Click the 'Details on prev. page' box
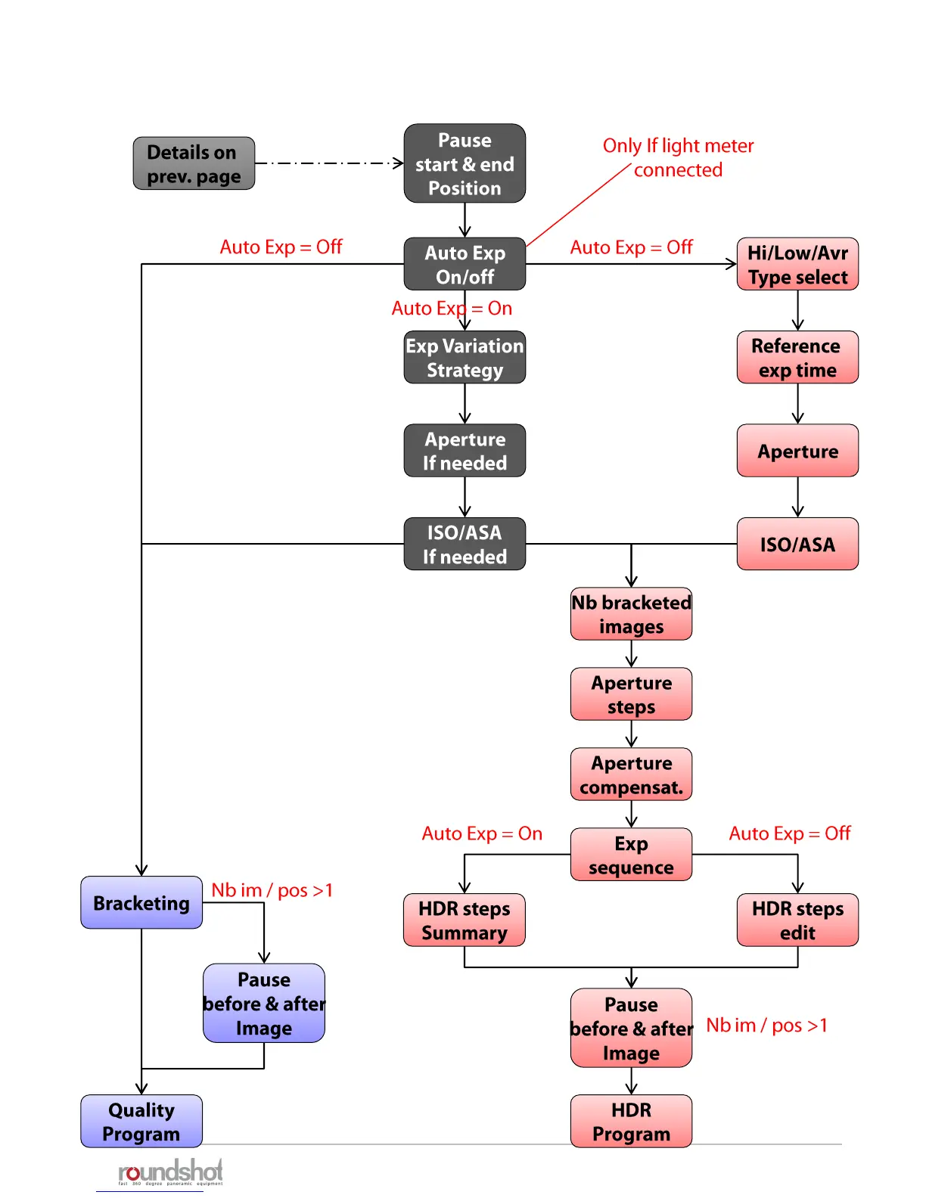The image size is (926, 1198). (194, 163)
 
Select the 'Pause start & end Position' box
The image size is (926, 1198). (465, 163)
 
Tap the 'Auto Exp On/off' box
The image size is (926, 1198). (465, 264)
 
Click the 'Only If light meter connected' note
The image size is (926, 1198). (678, 157)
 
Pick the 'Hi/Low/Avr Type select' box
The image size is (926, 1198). (797, 264)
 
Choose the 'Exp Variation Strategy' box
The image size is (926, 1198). (465, 357)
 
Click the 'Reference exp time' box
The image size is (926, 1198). (797, 357)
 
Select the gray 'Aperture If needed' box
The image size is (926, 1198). (465, 451)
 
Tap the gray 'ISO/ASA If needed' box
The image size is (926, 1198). (465, 544)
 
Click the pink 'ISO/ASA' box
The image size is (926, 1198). (797, 544)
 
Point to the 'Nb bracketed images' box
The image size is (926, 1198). (631, 614)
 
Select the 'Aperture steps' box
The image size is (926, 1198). (631, 694)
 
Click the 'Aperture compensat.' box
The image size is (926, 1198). (631, 774)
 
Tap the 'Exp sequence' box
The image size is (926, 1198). (631, 855)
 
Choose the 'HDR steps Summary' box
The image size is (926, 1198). (465, 920)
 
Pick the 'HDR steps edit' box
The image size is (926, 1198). (797, 920)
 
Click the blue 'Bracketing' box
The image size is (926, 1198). (141, 902)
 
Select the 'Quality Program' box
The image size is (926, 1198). (141, 1121)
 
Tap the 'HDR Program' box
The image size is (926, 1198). (631, 1121)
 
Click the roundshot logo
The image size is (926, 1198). (170, 1172)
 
